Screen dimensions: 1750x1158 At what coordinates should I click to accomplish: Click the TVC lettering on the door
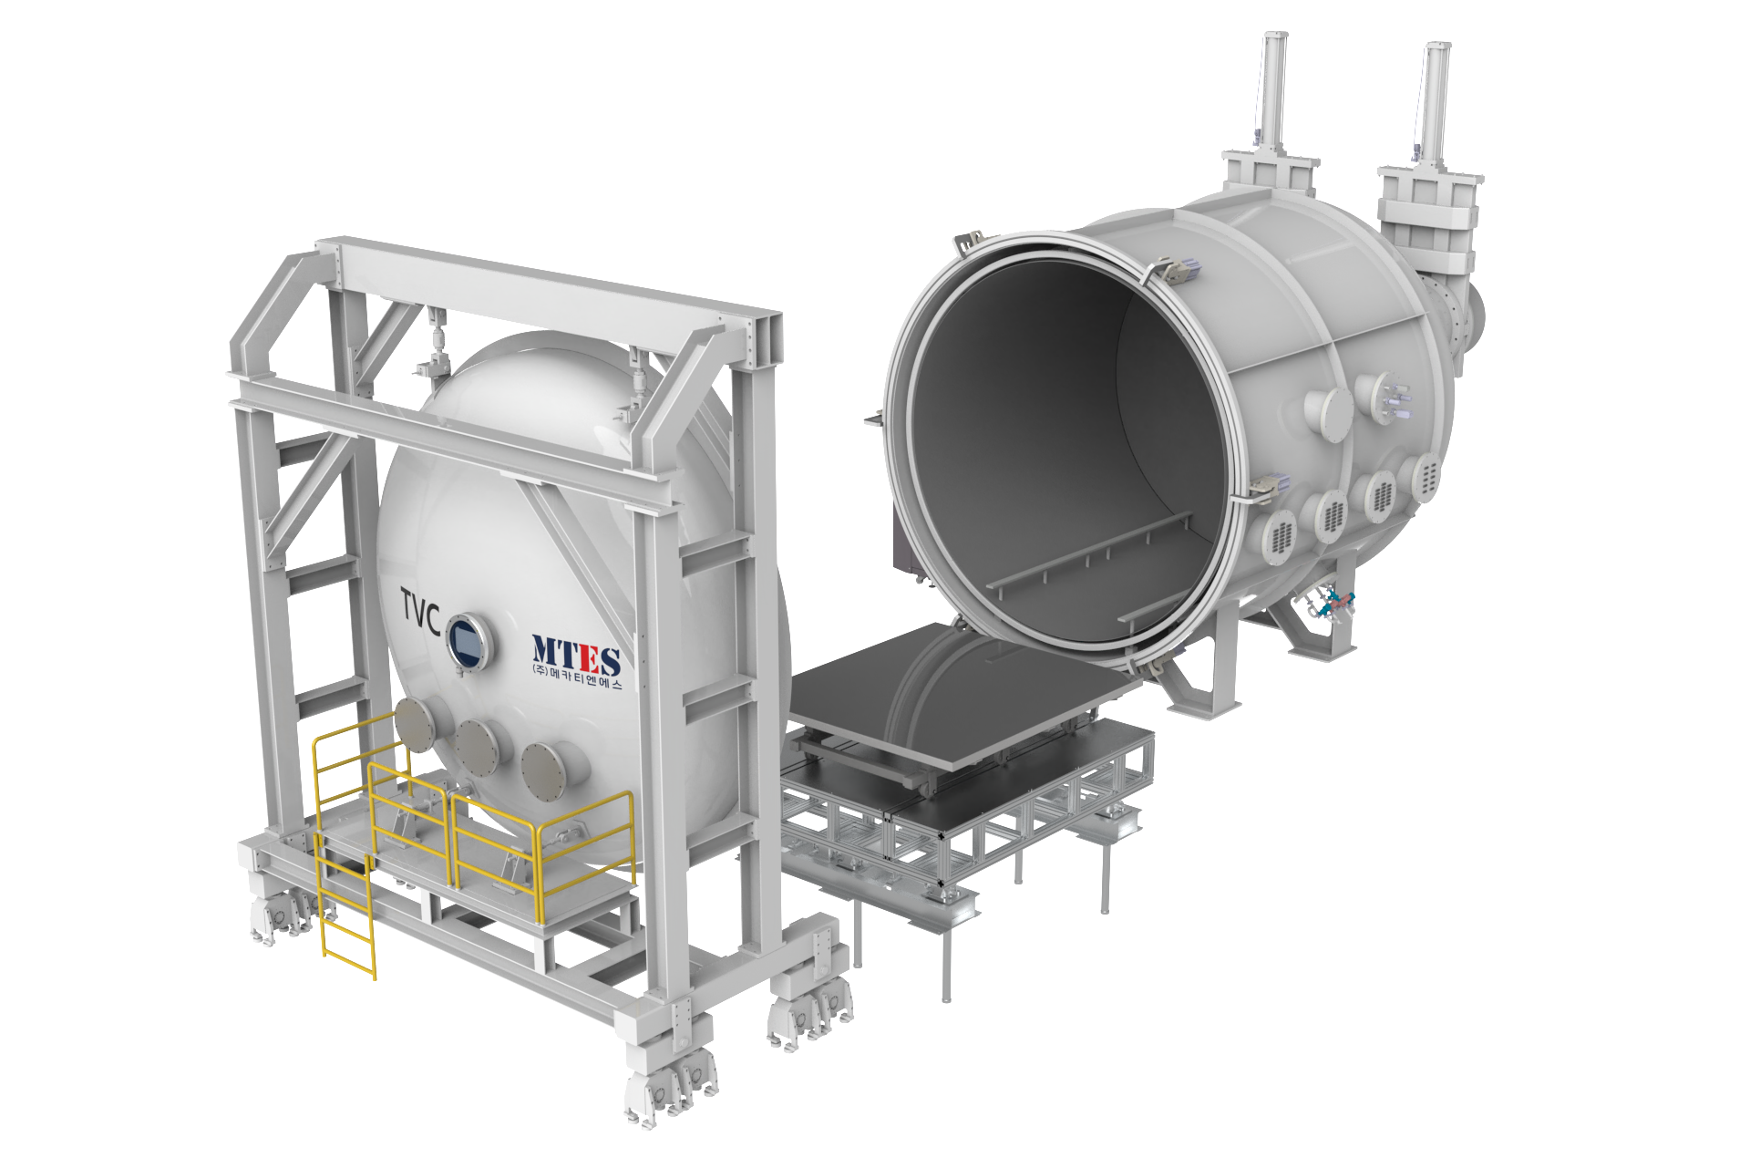pyautogui.click(x=420, y=611)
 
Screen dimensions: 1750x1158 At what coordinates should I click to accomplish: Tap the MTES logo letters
pyautogui.click(x=576, y=656)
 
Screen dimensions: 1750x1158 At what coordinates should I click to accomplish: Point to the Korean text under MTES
pyautogui.click(x=576, y=678)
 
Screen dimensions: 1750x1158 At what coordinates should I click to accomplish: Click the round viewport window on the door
pyautogui.click(x=469, y=641)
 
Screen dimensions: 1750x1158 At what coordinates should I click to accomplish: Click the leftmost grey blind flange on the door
pyautogui.click(x=417, y=724)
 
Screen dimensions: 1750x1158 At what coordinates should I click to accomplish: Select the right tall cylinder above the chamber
pyautogui.click(x=1434, y=105)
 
